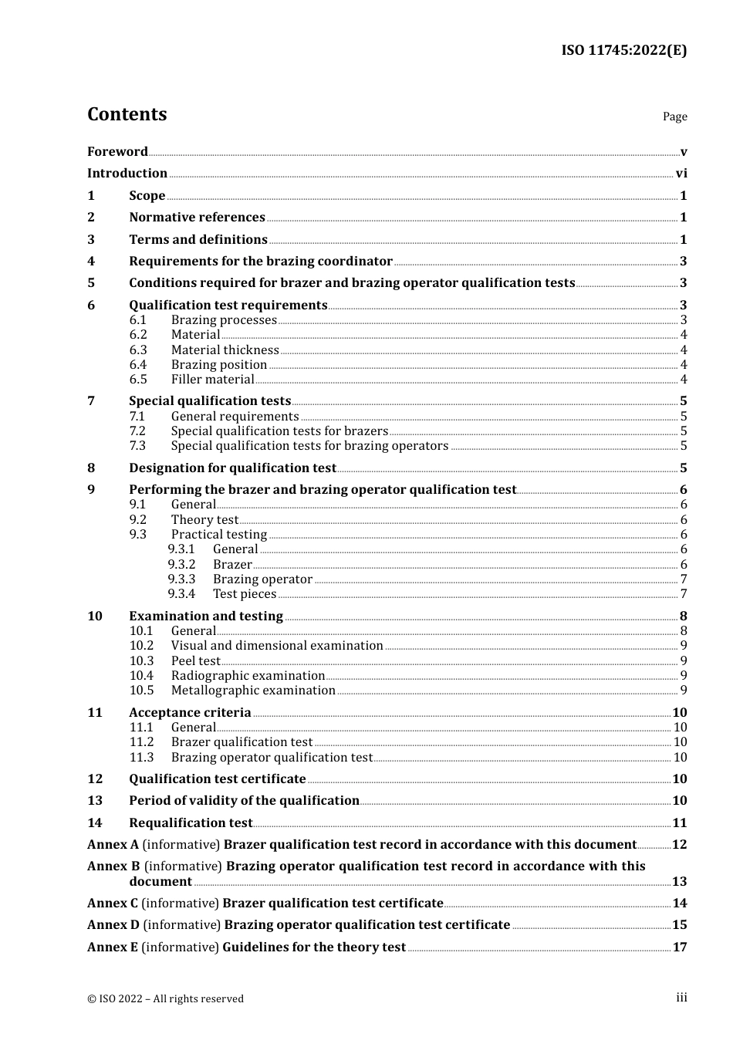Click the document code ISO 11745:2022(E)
tap(623, 51)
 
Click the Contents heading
tap(127, 114)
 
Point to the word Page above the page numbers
tap(674, 117)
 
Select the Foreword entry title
tap(117, 152)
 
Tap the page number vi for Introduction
tap(681, 174)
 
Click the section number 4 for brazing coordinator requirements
tap(91, 262)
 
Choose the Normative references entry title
tap(197, 218)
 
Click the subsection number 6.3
tap(138, 350)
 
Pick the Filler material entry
tap(212, 380)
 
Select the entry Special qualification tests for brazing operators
tap(309, 446)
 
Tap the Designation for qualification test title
tap(232, 468)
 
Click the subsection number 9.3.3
tap(181, 579)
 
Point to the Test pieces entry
tap(245, 594)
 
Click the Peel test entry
tap(195, 661)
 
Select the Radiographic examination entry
tap(248, 676)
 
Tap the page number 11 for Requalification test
tap(679, 823)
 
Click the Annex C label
tap(113, 904)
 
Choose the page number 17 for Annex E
tap(679, 947)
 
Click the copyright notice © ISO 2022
tap(165, 998)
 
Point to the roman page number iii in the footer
tap(681, 998)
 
